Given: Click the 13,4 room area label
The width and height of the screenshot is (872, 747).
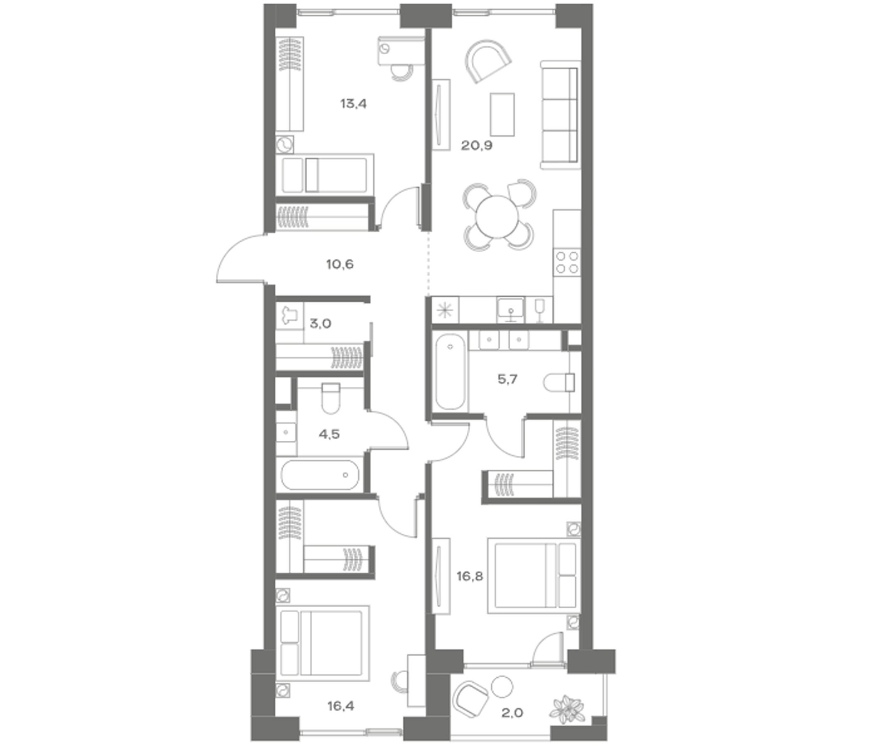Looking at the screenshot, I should [353, 103].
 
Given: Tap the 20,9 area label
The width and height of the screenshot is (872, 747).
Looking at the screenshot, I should [476, 146].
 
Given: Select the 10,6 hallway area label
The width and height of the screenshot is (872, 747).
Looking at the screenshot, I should [340, 264].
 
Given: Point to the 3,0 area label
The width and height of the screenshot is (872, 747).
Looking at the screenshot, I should [320, 323].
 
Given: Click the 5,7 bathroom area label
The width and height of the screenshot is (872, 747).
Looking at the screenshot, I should [507, 379].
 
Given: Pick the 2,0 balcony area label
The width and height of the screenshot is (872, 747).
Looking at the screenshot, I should [512, 713].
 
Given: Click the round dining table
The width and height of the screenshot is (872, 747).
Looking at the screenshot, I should [497, 217].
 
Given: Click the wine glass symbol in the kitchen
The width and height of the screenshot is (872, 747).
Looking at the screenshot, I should [539, 310].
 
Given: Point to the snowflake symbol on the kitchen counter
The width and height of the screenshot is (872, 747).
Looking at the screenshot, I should [444, 310].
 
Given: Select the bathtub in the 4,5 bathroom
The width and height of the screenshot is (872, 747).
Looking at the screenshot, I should [320, 475].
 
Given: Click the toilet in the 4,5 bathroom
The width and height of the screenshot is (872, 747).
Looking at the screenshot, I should [331, 398].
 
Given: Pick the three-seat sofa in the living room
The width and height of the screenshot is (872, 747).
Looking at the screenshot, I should [560, 115].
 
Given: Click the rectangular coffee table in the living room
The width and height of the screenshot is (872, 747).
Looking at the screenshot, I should [502, 115].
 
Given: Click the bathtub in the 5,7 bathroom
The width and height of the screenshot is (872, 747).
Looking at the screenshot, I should [450, 371].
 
